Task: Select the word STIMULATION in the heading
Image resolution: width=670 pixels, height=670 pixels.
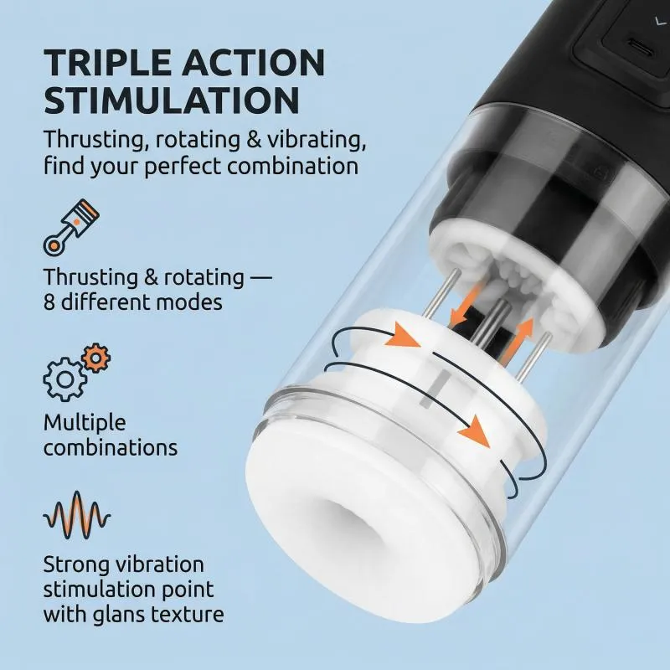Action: (172, 100)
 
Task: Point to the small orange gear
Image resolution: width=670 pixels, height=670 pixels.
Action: (96, 358)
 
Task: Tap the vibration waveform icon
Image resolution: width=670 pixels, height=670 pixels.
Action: (77, 515)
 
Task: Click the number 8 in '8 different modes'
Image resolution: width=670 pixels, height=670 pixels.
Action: (49, 302)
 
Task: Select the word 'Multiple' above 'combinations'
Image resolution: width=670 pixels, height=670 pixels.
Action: (85, 424)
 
